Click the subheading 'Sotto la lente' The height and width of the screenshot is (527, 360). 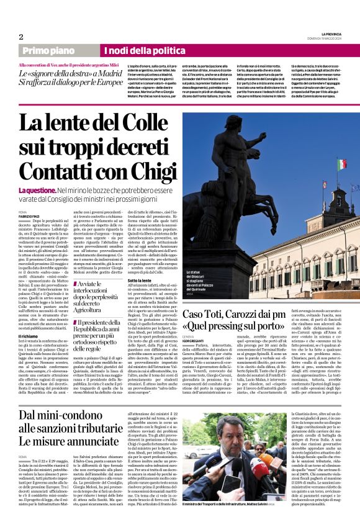coord(123,280)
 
